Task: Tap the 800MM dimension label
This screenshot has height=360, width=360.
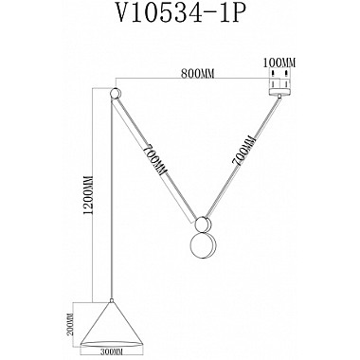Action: [194, 70]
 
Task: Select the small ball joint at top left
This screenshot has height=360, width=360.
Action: [117, 94]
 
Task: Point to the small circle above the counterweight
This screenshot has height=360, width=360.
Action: [201, 225]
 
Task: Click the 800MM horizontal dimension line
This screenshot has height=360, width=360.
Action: [194, 79]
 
